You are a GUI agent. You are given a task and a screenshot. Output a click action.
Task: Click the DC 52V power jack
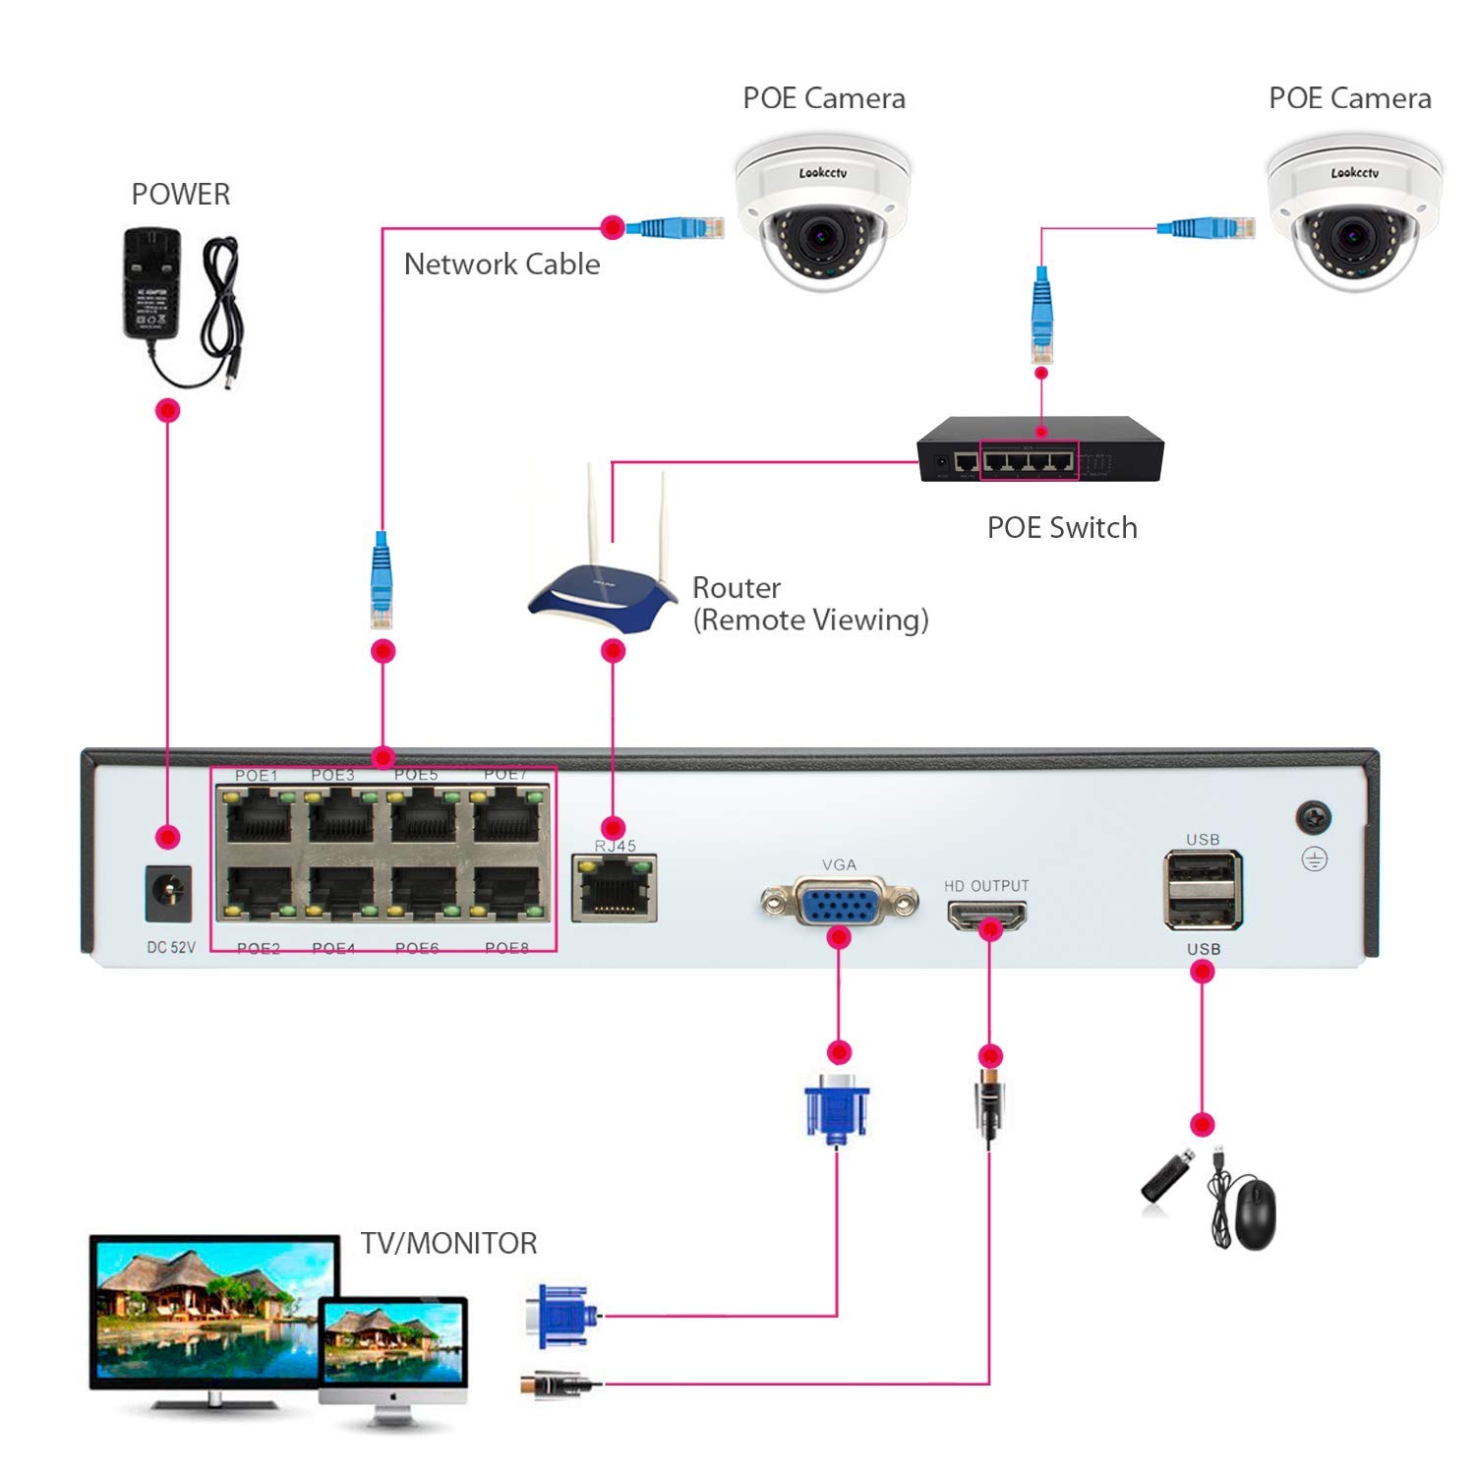(x=168, y=892)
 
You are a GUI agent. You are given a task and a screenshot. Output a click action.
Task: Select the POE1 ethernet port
(x=259, y=815)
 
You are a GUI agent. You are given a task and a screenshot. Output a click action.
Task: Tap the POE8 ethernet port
(x=506, y=891)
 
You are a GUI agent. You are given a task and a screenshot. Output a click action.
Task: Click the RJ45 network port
(x=615, y=888)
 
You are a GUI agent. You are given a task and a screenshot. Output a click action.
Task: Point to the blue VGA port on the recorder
(x=839, y=902)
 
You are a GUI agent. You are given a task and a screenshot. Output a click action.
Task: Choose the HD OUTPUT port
(x=986, y=915)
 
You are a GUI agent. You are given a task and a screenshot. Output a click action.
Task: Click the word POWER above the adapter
(x=181, y=195)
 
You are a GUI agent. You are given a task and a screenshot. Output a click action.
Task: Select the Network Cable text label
(x=501, y=265)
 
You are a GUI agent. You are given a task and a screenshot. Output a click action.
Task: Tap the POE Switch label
(x=1062, y=528)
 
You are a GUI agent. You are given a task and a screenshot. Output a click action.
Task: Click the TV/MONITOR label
(x=448, y=1243)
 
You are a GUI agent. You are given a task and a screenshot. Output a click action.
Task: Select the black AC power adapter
(x=150, y=285)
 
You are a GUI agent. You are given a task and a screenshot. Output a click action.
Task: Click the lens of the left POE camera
(x=818, y=236)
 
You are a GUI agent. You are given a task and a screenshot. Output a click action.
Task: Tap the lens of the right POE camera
(x=1351, y=236)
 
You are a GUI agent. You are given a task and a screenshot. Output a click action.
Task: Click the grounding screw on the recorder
(x=1314, y=817)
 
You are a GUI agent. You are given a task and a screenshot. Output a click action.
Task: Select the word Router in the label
(x=737, y=588)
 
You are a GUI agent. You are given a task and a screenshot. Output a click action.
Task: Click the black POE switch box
(x=1040, y=450)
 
